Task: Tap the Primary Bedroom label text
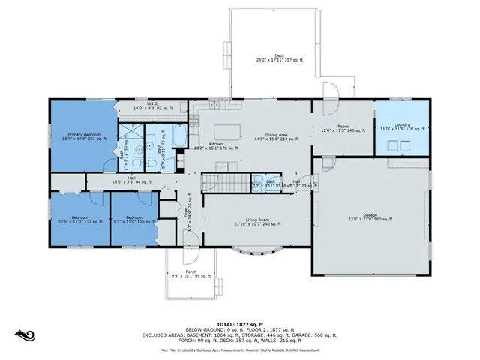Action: click(82, 136)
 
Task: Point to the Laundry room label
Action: click(403, 128)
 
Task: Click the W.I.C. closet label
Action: click(152, 106)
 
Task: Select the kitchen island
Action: click(228, 133)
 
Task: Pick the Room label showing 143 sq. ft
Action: click(343, 129)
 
